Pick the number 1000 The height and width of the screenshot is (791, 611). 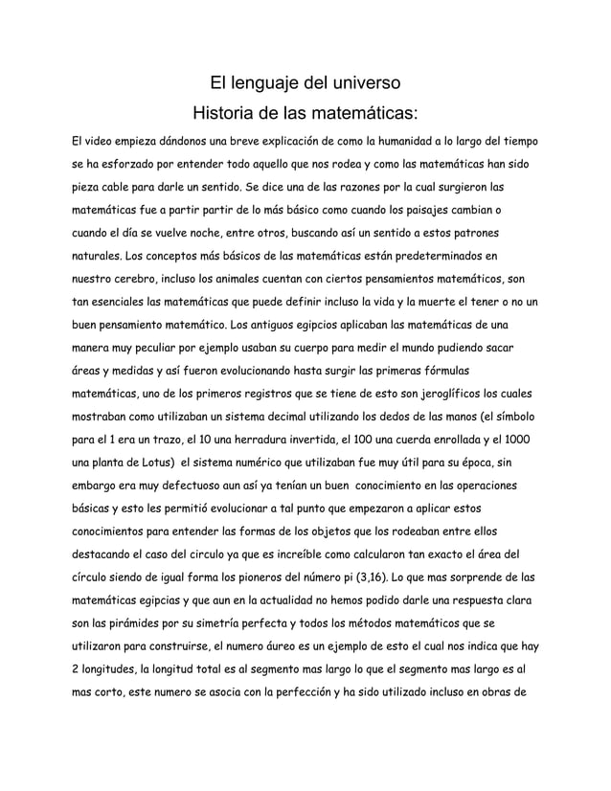[521, 440]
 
